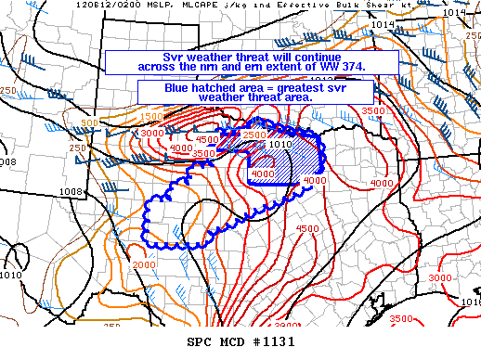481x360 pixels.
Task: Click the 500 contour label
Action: point(90,123)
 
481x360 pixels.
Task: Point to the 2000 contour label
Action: point(144,265)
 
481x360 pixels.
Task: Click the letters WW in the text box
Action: point(331,67)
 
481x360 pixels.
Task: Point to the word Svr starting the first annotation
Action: point(164,56)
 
